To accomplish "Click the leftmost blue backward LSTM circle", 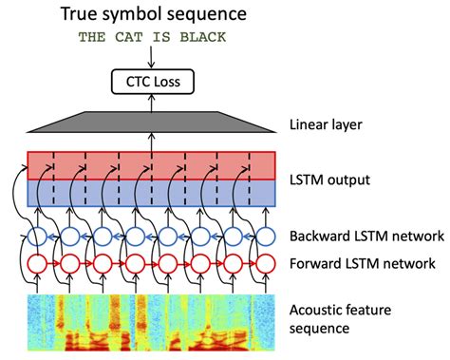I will [x=37, y=236].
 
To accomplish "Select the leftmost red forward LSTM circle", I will [x=37, y=263].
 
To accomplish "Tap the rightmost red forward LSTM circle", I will [x=263, y=263].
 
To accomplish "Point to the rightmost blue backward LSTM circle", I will [x=263, y=236].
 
